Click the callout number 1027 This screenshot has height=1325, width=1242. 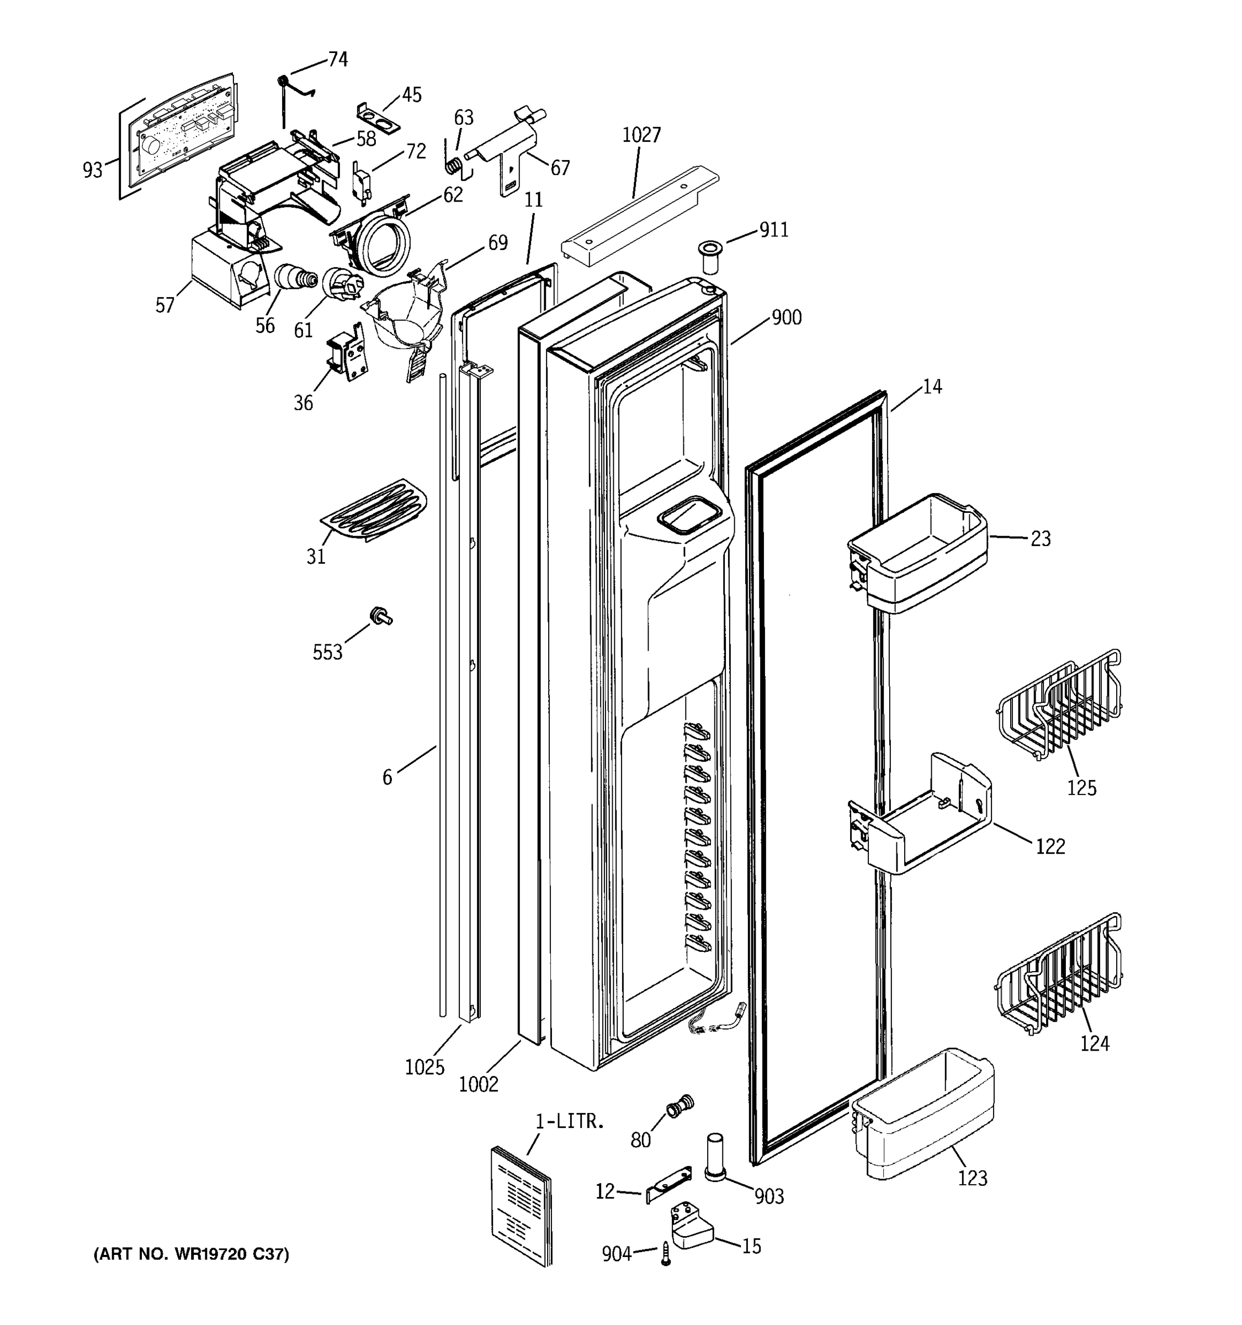coord(641,135)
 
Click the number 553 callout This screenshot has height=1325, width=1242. coord(327,652)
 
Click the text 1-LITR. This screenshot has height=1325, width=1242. coord(570,1122)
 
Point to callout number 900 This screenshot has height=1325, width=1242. coord(786,317)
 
